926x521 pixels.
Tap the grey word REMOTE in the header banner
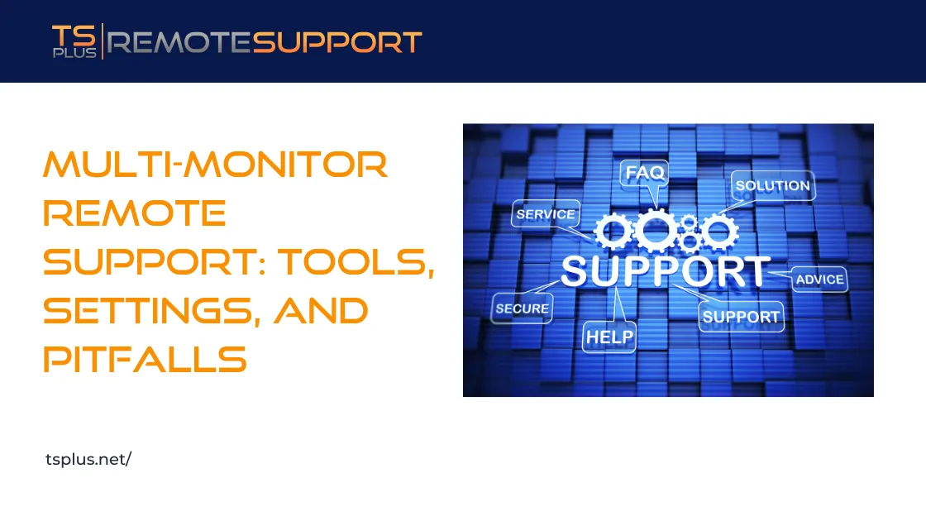(x=179, y=42)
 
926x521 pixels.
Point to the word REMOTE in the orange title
(x=134, y=214)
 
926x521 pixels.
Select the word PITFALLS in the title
(x=145, y=360)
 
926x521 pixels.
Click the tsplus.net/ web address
(x=88, y=460)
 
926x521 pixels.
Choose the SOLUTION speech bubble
(x=772, y=185)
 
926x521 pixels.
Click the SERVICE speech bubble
(x=545, y=214)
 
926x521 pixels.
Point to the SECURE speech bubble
(x=522, y=308)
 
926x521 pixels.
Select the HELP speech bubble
(x=609, y=337)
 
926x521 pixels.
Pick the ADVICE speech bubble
(x=819, y=280)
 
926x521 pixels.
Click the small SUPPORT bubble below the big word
(x=740, y=316)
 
